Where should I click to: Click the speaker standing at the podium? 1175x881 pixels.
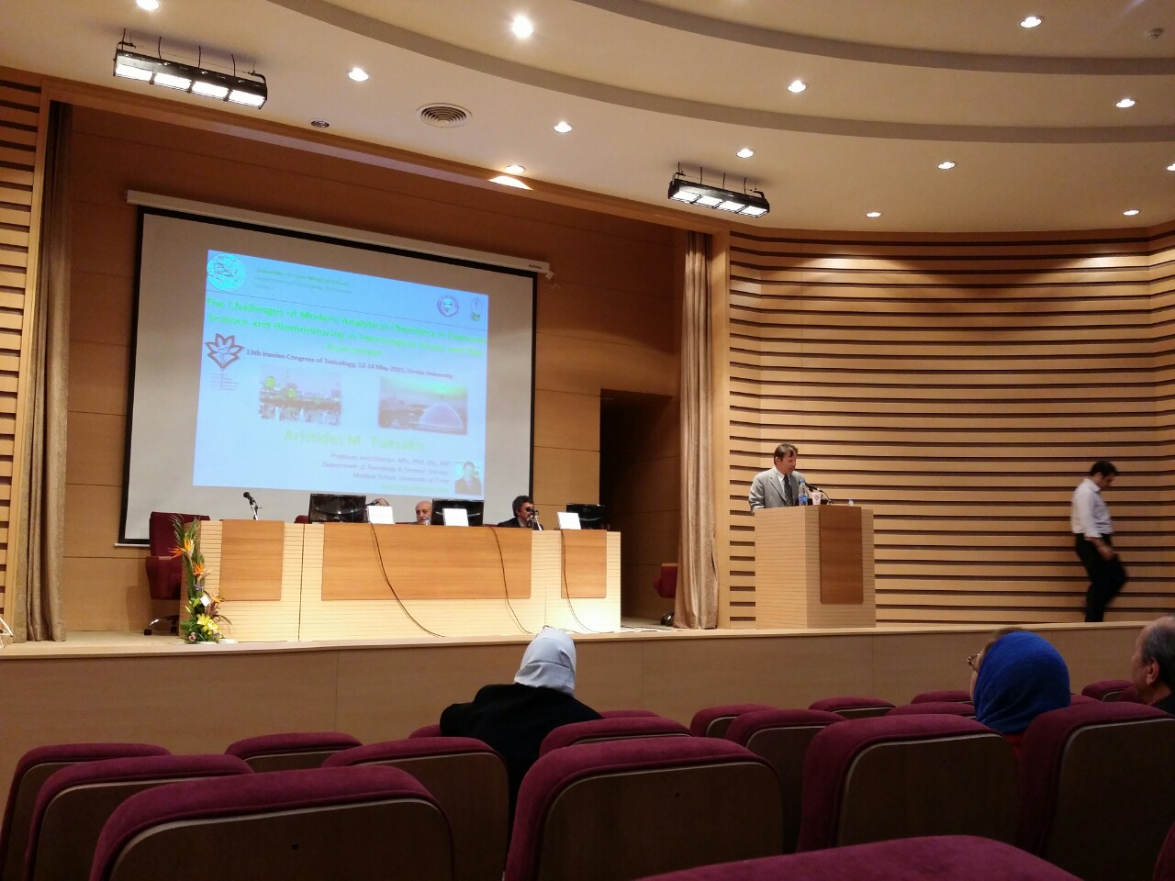pos(774,476)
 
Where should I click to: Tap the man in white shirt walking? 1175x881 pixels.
pos(1096,541)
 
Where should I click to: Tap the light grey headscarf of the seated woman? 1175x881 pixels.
pos(546,660)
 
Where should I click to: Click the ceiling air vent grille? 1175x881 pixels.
pos(443,115)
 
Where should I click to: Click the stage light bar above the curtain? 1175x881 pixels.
pos(718,194)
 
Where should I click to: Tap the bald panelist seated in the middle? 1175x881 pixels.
pos(422,511)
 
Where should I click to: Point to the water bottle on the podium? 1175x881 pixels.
pos(803,491)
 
